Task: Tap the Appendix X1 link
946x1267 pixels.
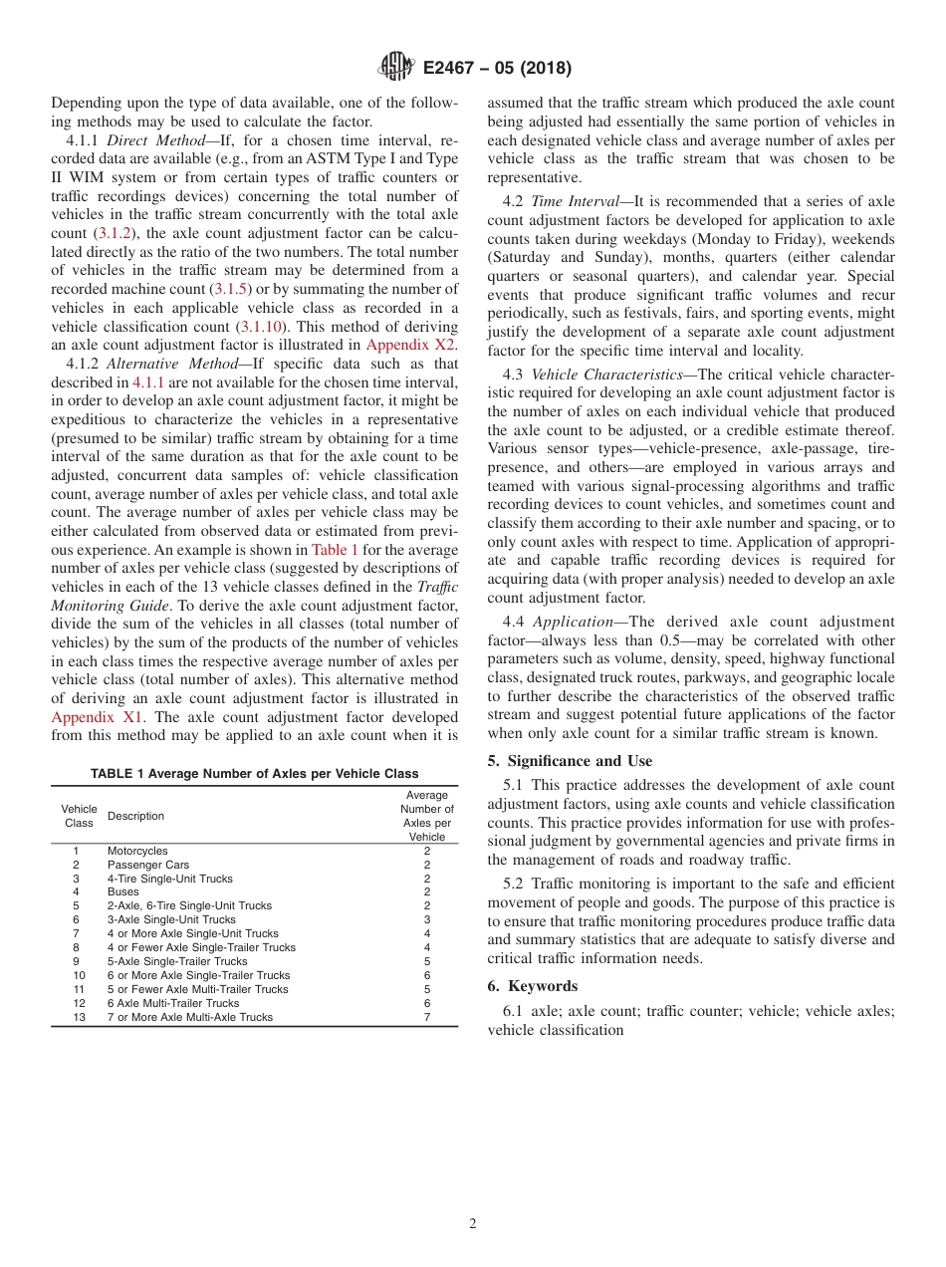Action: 98,716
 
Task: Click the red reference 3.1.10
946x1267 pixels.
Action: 262,327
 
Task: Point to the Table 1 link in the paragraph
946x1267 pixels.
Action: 330,550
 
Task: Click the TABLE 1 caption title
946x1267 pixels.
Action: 254,774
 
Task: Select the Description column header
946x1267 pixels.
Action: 135,817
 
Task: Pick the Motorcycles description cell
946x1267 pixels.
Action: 137,852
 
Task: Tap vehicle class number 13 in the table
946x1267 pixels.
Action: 79,1017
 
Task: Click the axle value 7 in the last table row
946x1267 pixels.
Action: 426,1017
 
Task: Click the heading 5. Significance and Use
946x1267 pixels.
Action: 570,761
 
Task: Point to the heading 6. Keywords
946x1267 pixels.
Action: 533,986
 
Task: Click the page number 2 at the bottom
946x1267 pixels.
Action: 473,1224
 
